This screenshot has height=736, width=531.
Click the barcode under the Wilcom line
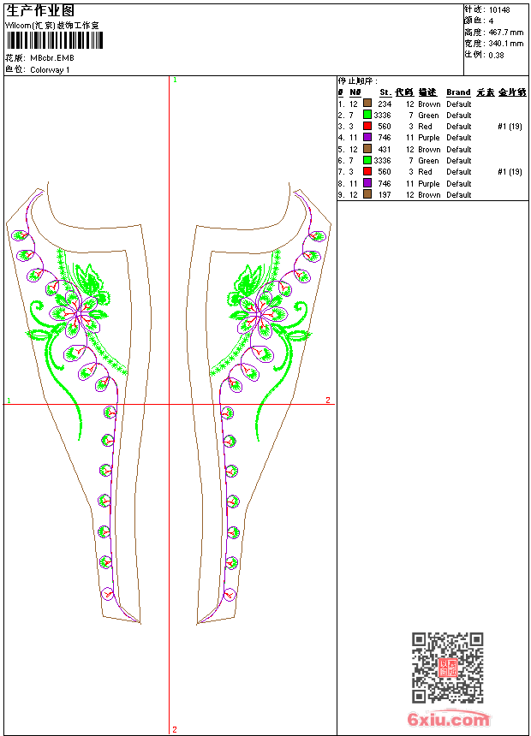[54, 40]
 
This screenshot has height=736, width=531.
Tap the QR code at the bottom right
[447, 668]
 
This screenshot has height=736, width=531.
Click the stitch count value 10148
[499, 9]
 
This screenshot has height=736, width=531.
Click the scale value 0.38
[496, 54]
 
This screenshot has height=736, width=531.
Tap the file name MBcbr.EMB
[52, 58]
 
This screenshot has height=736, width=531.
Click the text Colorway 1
[50, 69]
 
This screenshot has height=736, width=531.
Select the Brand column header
[458, 92]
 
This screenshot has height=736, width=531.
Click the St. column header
[385, 92]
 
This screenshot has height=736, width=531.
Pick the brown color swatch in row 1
[367, 104]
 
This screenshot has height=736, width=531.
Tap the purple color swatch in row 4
[367, 137]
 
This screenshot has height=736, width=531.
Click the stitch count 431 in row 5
[385, 149]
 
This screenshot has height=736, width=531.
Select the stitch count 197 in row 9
[385, 194]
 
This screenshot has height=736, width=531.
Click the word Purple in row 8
[428, 183]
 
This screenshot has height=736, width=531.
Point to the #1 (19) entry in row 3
[510, 126]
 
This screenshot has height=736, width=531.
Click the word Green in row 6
[428, 160]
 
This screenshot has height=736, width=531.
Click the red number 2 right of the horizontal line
[328, 400]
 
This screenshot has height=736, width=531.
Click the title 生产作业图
[40, 10]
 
